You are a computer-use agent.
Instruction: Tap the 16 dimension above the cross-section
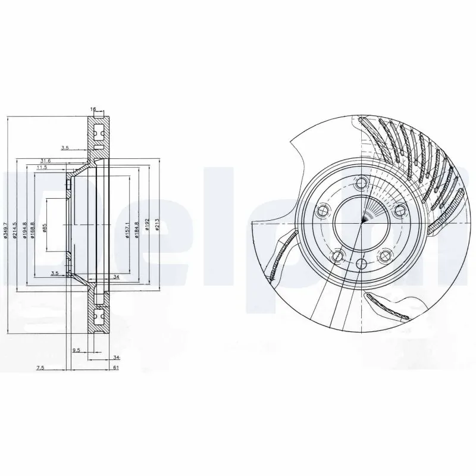[x=93, y=109]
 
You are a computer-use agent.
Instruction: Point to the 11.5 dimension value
[x=42, y=168]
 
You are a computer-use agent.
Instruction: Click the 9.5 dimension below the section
[x=76, y=350]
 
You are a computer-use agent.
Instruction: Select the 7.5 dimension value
[x=40, y=368]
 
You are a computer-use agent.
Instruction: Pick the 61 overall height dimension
[x=117, y=368]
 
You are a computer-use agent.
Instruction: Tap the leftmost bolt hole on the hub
[x=323, y=210]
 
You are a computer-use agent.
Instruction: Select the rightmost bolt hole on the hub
[x=400, y=210]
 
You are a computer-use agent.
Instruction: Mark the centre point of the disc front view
[x=362, y=223]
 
